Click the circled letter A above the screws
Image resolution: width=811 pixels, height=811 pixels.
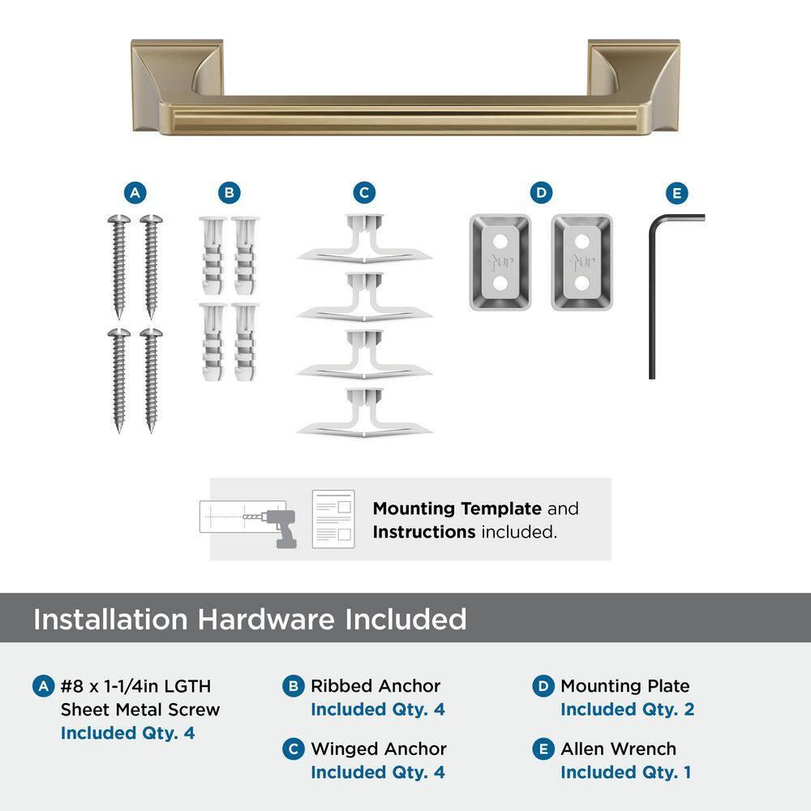click(135, 193)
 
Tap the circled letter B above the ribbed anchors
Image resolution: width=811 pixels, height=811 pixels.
click(230, 193)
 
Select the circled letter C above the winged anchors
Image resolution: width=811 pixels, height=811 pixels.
click(364, 193)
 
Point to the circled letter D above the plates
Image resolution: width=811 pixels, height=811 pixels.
click(541, 193)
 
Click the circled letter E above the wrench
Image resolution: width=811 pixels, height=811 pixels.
click(676, 193)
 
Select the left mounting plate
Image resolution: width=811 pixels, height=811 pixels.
click(500, 261)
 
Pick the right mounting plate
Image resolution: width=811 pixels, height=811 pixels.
click(581, 261)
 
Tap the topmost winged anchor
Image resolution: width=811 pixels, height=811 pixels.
click(364, 240)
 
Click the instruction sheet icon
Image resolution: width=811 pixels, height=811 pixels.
click(333, 519)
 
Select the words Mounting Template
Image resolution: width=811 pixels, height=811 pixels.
click(457, 509)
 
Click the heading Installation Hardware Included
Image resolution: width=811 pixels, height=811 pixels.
click(250, 620)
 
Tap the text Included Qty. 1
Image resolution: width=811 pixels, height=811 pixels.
click(625, 772)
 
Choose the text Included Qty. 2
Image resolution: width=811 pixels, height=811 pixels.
click(627, 710)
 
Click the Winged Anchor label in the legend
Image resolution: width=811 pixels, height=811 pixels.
click(378, 749)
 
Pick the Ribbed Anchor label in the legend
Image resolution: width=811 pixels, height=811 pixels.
click(375, 686)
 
